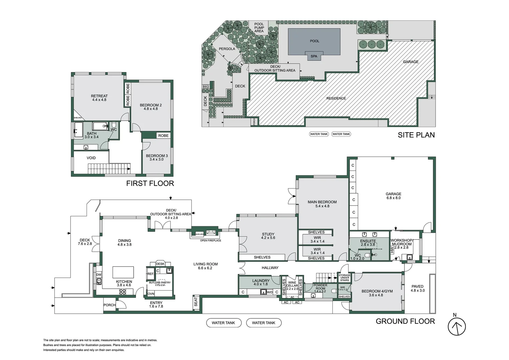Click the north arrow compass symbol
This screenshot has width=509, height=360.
click(456, 326)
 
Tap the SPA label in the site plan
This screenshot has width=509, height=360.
click(314, 56)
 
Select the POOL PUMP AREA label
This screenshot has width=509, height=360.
click(259, 28)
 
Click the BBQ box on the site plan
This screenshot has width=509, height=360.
click(206, 87)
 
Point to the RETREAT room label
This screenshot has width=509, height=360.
click(99, 96)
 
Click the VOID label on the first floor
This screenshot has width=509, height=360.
click(91, 158)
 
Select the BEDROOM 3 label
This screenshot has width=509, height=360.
click(157, 156)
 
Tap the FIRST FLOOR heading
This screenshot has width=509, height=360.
click(150, 183)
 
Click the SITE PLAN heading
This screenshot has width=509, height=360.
click(416, 135)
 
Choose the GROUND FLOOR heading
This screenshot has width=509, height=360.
click(405, 321)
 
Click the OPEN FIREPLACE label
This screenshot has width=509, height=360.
click(211, 240)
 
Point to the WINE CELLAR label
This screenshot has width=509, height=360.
click(292, 284)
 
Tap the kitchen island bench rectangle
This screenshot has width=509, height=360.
click(123, 272)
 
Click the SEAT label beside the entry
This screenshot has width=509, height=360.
click(196, 302)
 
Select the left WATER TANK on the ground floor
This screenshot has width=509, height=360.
click(223, 323)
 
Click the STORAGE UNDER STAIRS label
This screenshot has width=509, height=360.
click(344, 278)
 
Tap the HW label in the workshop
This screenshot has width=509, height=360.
click(392, 250)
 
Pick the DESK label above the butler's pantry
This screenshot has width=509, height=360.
click(160, 264)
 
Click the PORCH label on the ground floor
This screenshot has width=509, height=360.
click(109, 305)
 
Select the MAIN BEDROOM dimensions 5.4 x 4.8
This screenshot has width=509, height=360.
click(322, 206)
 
